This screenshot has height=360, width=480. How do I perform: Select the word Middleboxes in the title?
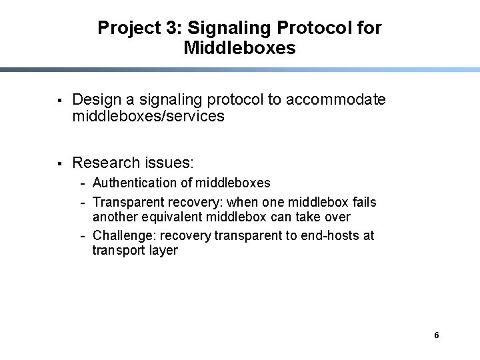point(239,48)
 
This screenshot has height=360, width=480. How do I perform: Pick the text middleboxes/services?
point(148,117)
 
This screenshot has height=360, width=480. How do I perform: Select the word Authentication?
point(136,183)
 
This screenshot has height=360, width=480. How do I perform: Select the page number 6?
point(436,335)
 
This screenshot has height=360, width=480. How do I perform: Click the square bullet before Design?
point(59,101)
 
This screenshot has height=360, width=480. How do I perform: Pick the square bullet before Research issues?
point(59,163)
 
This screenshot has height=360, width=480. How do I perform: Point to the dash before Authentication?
point(83,183)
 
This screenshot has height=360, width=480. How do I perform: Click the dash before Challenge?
point(83,236)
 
